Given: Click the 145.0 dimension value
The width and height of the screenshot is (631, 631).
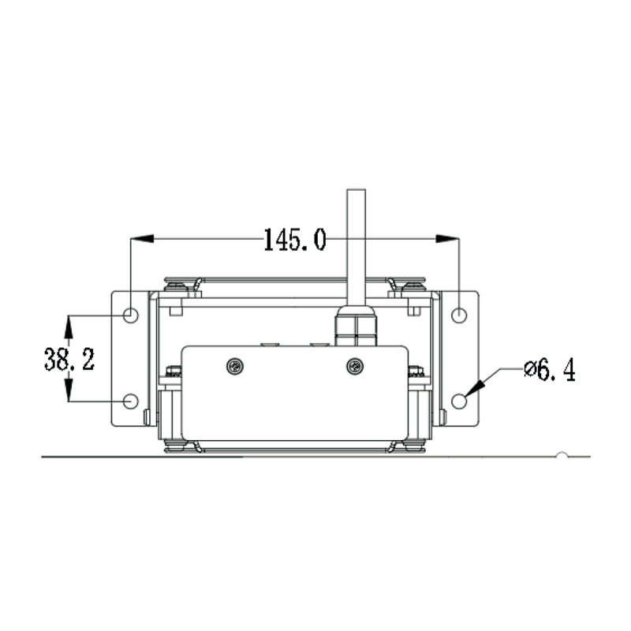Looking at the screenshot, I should tap(294, 239).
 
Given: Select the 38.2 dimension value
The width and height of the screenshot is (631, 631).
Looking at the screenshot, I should tap(69, 360).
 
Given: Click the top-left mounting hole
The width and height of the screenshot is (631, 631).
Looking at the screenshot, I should tap(131, 315).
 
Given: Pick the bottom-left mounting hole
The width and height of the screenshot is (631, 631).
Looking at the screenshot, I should tap(131, 401).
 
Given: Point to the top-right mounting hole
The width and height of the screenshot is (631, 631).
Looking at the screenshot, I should tap(459, 315).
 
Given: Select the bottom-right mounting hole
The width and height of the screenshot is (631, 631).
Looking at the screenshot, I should tap(459, 401).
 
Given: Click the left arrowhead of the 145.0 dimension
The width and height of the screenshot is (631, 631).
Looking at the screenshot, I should tap(141, 237).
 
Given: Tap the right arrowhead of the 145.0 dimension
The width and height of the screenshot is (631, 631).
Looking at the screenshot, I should tap(448, 237).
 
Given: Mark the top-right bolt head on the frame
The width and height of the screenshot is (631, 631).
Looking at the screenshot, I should tap(410, 286).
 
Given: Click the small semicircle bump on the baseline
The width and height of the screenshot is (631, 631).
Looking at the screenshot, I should tap(561, 454).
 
